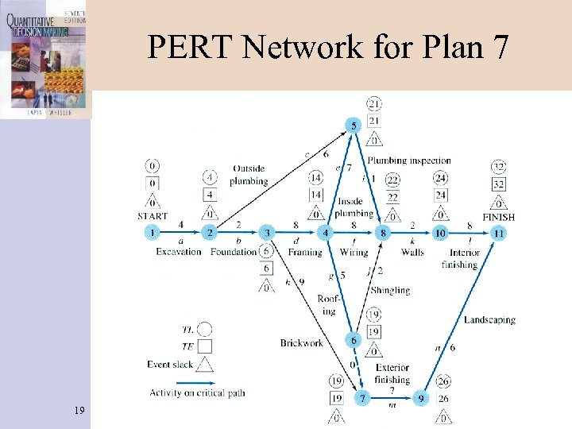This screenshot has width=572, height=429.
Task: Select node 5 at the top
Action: pos(354,125)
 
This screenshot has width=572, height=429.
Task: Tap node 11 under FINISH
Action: pos(498,234)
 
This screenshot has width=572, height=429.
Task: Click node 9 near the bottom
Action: pos(422,396)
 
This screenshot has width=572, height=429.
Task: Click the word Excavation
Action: pos(179,252)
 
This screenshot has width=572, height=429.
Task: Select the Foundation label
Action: pos(234,252)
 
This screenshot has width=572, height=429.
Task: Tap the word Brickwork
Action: pos(302,343)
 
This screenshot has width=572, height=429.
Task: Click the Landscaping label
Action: pos(489,320)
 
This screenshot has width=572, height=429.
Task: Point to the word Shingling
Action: pos(390,290)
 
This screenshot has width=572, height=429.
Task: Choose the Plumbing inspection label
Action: pos(408,161)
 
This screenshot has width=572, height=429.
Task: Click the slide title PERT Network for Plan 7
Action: pos(327,49)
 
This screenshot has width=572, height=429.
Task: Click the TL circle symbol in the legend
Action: pos(205,328)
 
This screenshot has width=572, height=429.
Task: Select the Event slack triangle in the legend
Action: pos(205,364)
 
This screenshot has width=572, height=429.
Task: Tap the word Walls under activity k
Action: pos(412,252)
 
